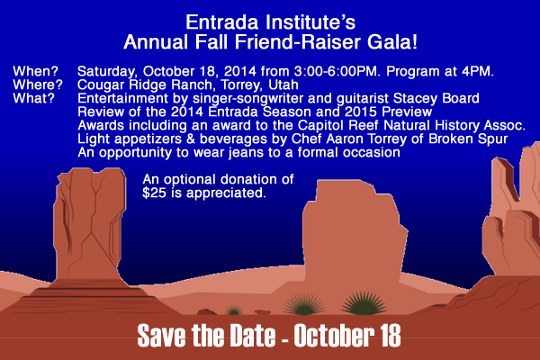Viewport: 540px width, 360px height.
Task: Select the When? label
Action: click(x=36, y=71)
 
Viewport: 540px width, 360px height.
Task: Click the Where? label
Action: click(x=38, y=85)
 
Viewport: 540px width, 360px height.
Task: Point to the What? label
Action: click(x=34, y=98)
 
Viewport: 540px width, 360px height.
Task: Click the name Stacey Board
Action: click(x=436, y=98)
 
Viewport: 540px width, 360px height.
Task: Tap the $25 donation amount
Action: click(x=154, y=193)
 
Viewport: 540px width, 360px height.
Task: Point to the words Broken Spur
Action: click(x=468, y=139)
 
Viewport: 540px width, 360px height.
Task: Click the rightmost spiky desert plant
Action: click(x=364, y=304)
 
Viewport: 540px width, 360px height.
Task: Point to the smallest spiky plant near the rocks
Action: click(x=234, y=311)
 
